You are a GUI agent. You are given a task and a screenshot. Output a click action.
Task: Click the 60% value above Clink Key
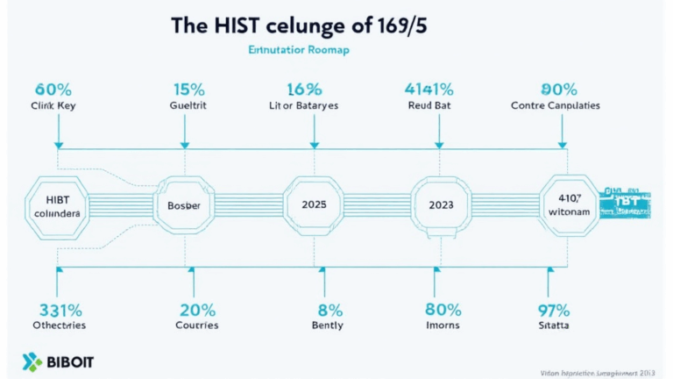pyautogui.click(x=53, y=89)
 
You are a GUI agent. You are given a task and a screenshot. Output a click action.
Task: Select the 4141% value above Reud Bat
pyautogui.click(x=429, y=89)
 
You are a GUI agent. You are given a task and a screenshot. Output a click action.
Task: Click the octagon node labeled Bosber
pyautogui.click(x=183, y=204)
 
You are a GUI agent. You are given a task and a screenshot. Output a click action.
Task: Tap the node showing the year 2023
pyautogui.click(x=441, y=204)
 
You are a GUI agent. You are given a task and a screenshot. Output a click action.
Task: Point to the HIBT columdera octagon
pyautogui.click(x=56, y=206)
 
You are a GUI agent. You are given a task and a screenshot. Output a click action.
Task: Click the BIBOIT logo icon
pyautogui.click(x=34, y=361)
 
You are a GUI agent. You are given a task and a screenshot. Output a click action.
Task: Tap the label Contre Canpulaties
pyautogui.click(x=555, y=105)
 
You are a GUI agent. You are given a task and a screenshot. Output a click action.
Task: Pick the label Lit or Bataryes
pyautogui.click(x=303, y=105)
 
